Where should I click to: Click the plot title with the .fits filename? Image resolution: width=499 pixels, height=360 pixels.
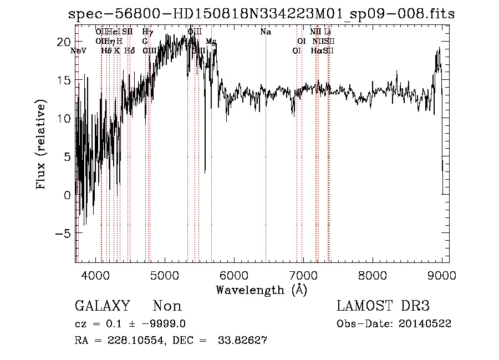click(261, 14)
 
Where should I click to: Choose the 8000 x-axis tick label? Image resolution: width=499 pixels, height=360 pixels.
click(373, 275)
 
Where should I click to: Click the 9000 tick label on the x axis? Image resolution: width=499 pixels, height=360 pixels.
click(441, 275)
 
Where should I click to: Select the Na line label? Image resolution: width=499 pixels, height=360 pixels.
click(266, 32)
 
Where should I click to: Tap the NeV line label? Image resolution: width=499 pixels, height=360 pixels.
click(79, 50)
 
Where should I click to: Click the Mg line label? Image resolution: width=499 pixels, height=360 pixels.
click(211, 42)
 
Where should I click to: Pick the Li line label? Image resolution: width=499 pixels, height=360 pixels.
click(328, 32)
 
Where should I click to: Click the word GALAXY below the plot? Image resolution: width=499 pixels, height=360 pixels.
click(102, 306)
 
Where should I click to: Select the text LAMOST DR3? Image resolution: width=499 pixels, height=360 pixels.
click(383, 306)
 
